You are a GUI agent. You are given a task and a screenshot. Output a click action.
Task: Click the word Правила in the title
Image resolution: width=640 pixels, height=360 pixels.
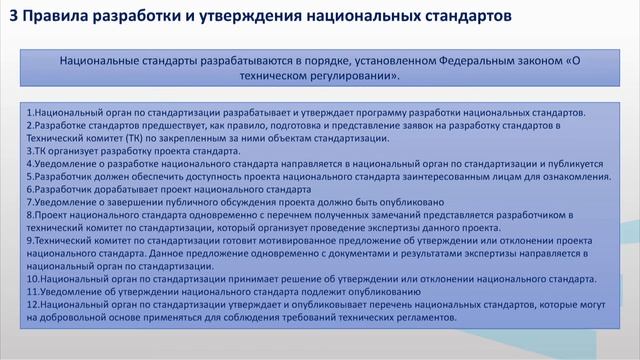[x=55, y=17]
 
